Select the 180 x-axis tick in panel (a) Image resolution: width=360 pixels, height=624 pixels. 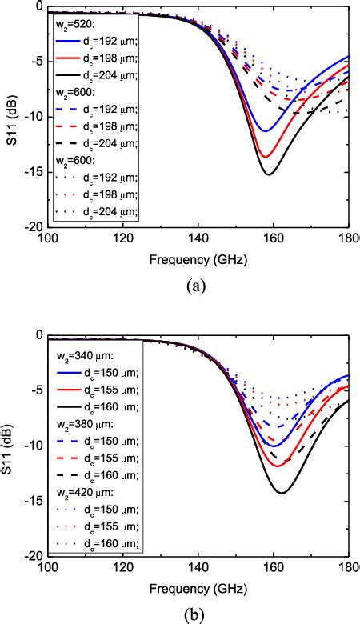(348, 238)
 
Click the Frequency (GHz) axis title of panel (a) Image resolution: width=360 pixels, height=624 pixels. (198, 260)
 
